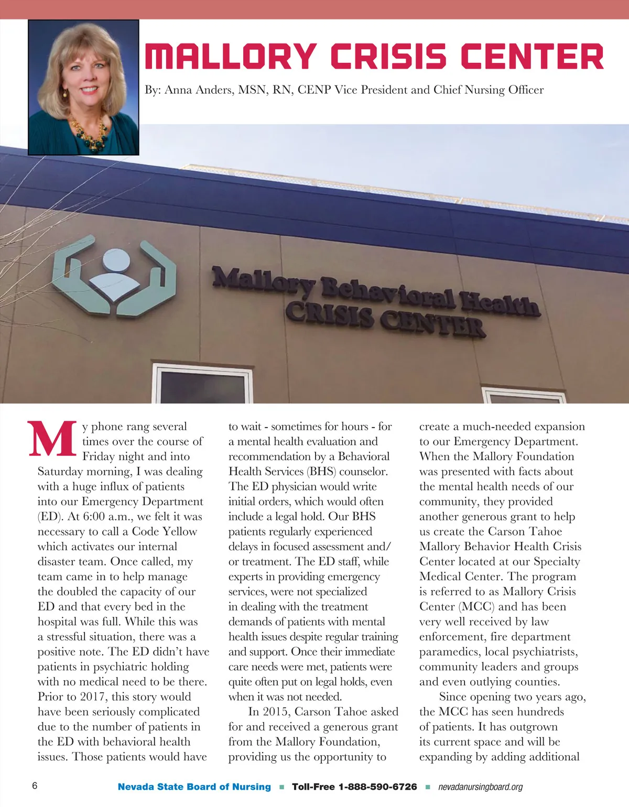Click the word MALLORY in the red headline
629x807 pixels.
pyautogui.click(x=231, y=56)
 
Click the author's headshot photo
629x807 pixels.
pyautogui.click(x=83, y=87)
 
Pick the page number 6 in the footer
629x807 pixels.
pyautogui.click(x=35, y=786)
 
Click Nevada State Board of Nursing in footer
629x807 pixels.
pyautogui.click(x=194, y=787)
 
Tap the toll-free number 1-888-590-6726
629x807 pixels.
pyautogui.click(x=377, y=787)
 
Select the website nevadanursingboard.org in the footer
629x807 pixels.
pyautogui.click(x=480, y=787)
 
